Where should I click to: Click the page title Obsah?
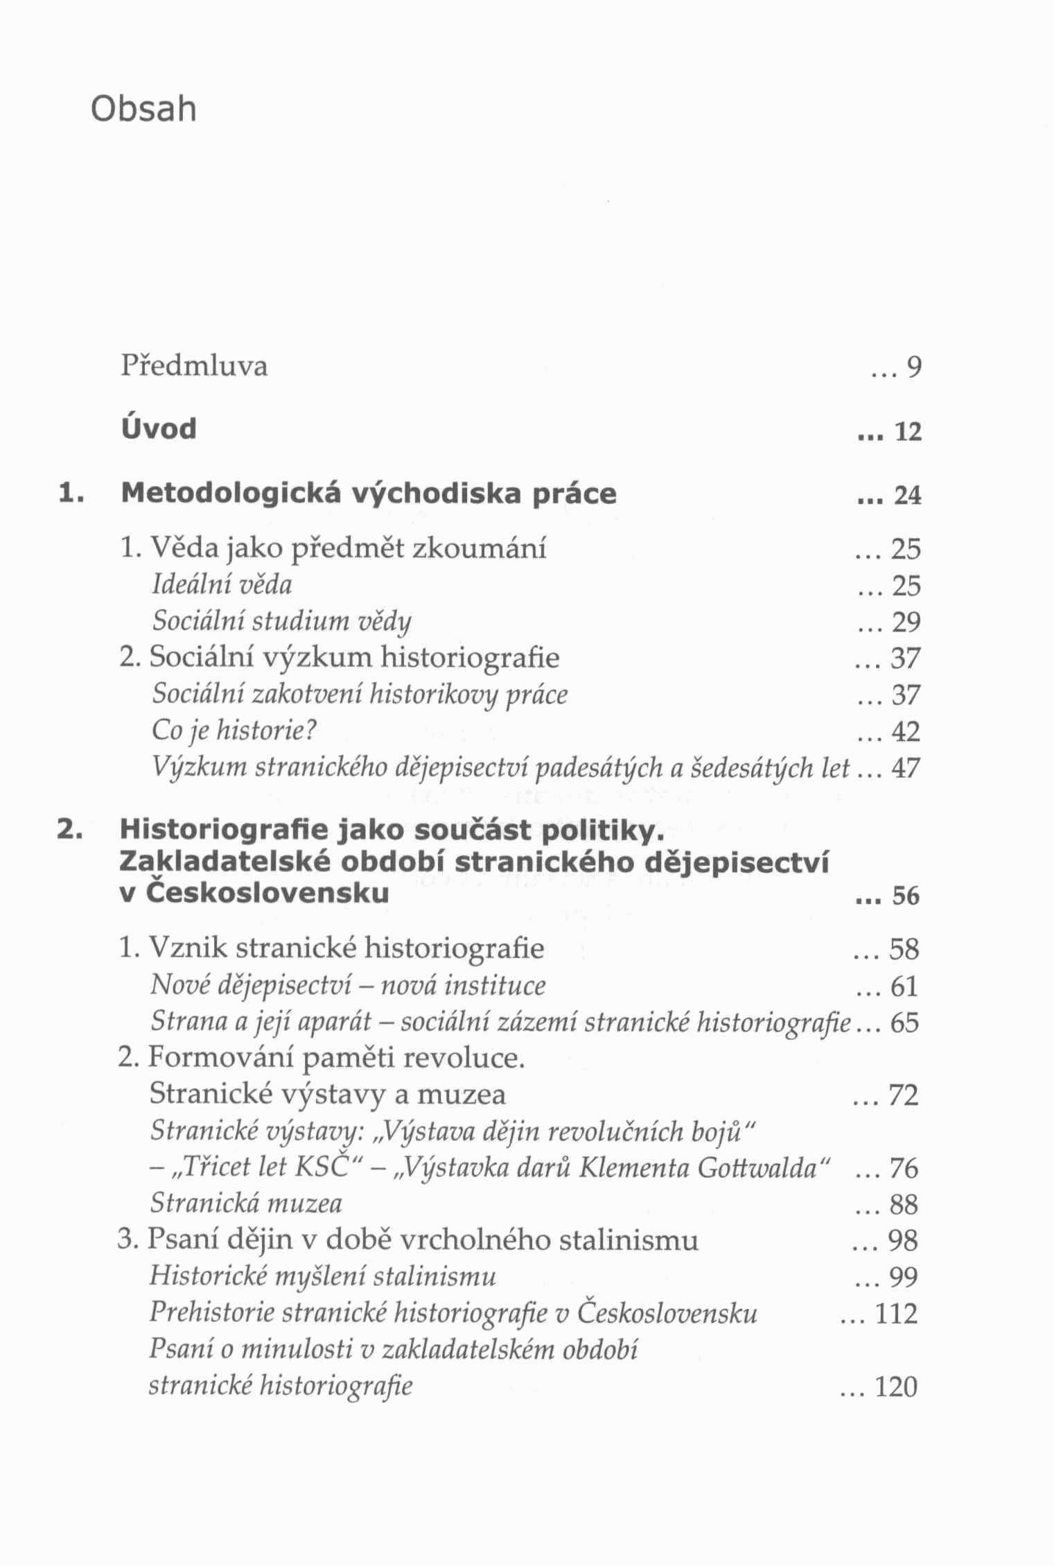[x=143, y=109]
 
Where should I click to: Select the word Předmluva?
[x=194, y=365]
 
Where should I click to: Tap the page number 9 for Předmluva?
[x=914, y=368]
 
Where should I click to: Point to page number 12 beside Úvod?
[x=908, y=433]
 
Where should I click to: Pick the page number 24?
[x=908, y=496]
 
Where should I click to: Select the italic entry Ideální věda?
[x=222, y=584]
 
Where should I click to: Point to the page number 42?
[x=906, y=732]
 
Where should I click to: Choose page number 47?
[x=906, y=768]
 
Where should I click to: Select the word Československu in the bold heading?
[x=267, y=893]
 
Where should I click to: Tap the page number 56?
[x=906, y=896]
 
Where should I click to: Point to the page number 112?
[x=897, y=1314]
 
